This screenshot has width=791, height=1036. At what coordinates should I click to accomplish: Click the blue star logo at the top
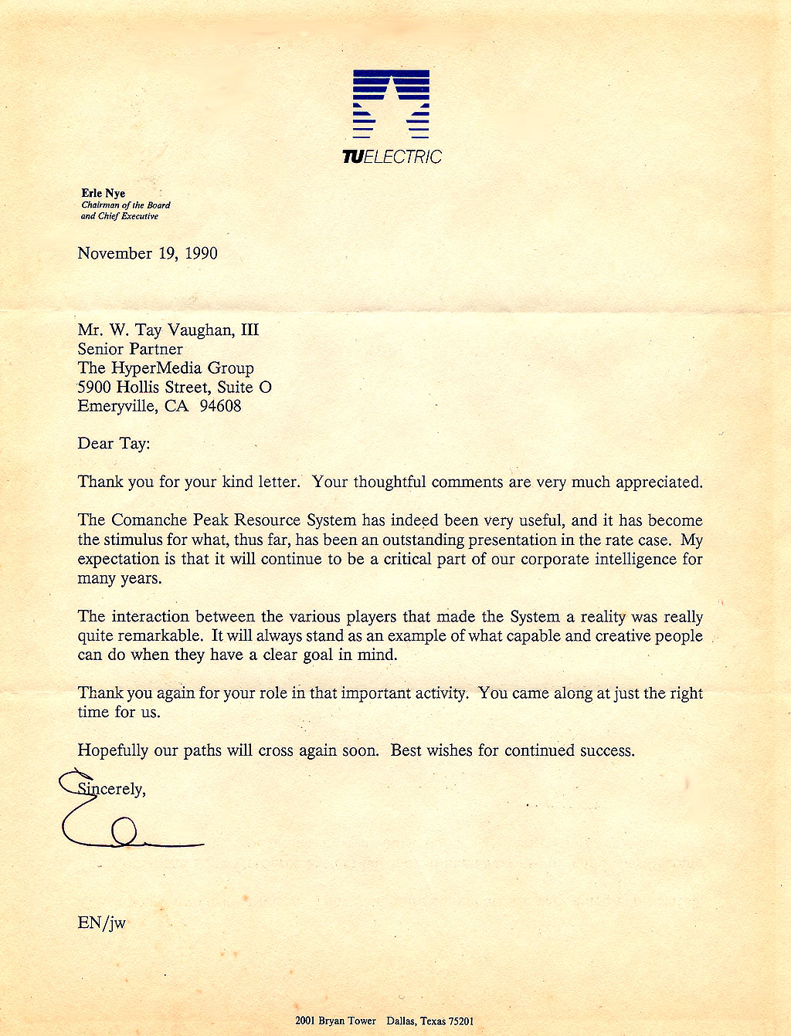pos(391,103)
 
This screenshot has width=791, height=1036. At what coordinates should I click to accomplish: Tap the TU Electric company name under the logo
pos(392,157)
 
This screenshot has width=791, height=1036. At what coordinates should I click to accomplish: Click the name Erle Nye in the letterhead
pos(103,193)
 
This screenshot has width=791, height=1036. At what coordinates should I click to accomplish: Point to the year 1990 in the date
pos(201,253)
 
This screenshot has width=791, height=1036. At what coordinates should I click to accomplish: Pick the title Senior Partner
pos(130,349)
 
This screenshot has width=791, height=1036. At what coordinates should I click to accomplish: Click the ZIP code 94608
pos(220,406)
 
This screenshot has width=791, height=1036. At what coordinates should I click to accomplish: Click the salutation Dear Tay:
pos(114,444)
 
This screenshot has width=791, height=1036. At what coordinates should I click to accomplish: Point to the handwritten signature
pos(124,826)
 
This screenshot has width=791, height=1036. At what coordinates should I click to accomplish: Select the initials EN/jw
pos(101,923)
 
